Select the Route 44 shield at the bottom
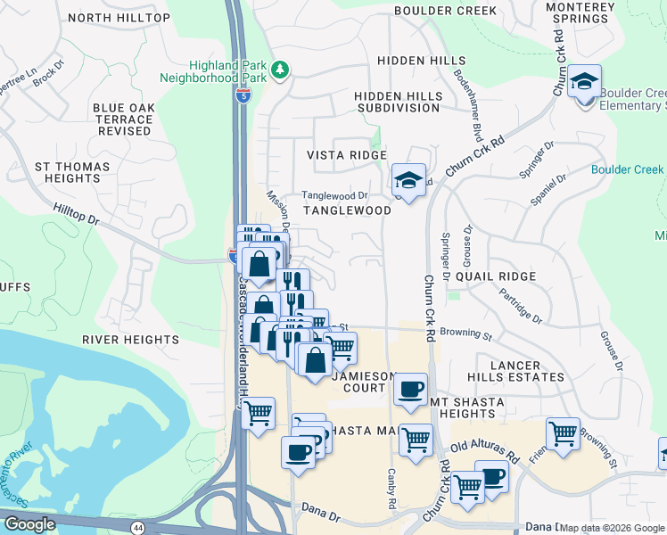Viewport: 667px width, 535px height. click(137, 528)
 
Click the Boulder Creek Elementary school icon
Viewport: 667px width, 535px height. click(584, 83)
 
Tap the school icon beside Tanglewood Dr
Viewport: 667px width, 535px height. click(408, 181)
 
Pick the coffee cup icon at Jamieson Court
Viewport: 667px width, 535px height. click(410, 390)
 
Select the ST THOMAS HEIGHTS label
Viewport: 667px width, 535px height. click(72, 173)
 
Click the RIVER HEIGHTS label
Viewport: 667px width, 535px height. click(130, 340)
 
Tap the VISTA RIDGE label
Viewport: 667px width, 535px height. click(347, 155)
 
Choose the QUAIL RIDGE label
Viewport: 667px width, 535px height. click(496, 276)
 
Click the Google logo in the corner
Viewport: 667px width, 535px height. click(30, 524)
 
